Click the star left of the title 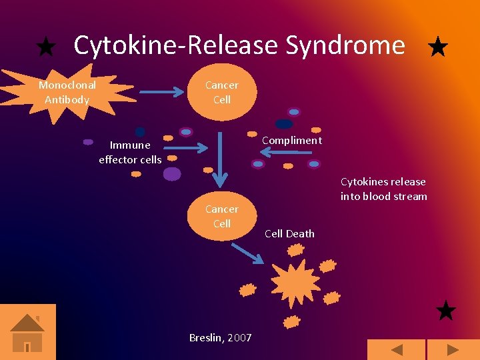click(45, 47)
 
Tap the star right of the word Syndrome click(437, 47)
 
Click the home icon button click(27, 331)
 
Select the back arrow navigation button click(397, 350)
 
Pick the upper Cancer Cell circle click(221, 92)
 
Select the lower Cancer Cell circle click(221, 216)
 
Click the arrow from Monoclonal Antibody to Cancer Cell click(162, 93)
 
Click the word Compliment click(291, 140)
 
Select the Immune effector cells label click(130, 152)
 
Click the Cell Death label click(289, 233)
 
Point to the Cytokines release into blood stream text click(383, 189)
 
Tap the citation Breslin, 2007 click(221, 337)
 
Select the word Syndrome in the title click(345, 45)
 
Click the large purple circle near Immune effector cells click(172, 174)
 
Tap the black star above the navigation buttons click(445, 311)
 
